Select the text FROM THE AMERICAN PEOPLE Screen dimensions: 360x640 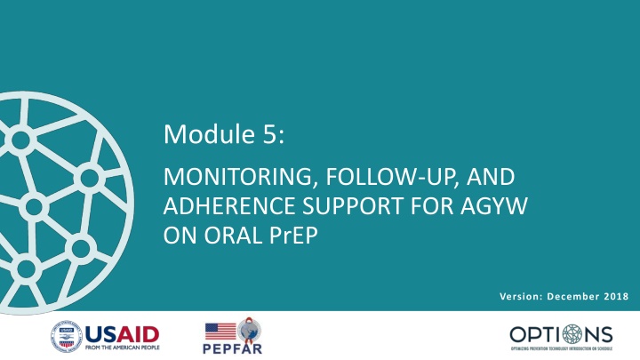coord(122,348)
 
